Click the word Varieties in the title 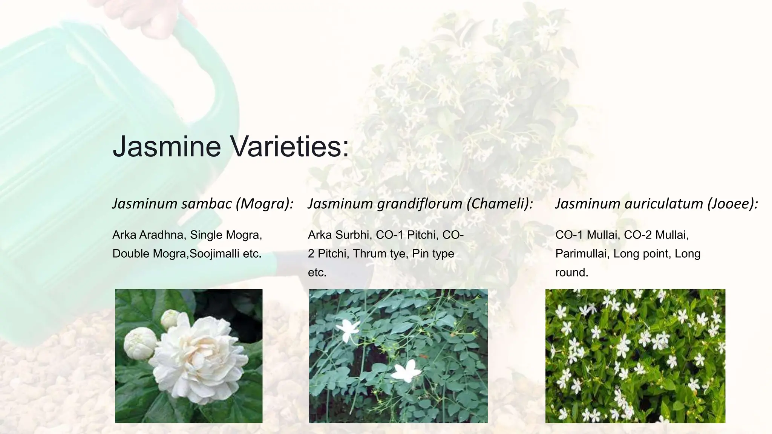coord(290,146)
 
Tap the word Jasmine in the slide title coord(167,146)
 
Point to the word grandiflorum coord(419,204)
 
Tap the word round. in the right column coord(571,272)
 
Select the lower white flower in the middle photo coord(403,369)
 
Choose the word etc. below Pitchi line coord(317,272)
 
